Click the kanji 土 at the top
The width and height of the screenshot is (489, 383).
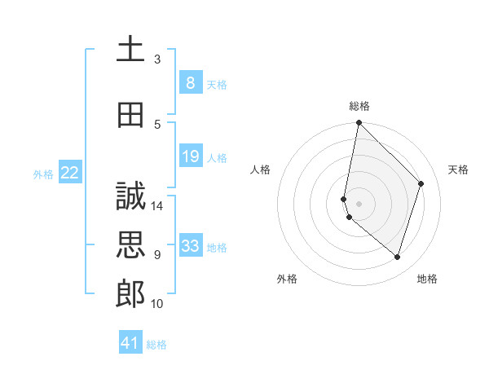[x=130, y=50]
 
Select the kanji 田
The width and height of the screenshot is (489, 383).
[x=130, y=115]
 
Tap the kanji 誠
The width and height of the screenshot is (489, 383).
[x=130, y=196]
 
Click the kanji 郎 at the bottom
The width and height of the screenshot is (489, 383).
[x=130, y=294]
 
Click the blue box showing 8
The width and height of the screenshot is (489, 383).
[x=190, y=83]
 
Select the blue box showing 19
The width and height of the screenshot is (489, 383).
[x=190, y=156]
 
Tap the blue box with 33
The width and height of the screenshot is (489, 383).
[x=190, y=246]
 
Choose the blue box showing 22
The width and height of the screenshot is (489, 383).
[x=70, y=173]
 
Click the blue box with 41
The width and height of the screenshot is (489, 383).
[x=130, y=343]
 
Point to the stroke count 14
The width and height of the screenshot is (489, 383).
[x=157, y=206]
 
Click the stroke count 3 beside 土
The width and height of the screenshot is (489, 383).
[x=157, y=59]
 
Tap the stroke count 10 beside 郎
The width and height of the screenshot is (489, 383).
[x=157, y=304]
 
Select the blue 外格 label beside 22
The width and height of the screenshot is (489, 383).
[x=43, y=174]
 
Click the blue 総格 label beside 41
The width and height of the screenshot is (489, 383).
[x=156, y=345]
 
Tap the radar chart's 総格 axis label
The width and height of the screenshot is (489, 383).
[x=359, y=106]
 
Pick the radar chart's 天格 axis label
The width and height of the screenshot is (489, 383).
[x=459, y=169]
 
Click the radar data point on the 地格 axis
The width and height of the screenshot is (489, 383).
[x=397, y=257]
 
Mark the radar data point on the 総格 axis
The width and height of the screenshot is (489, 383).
[x=359, y=123]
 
